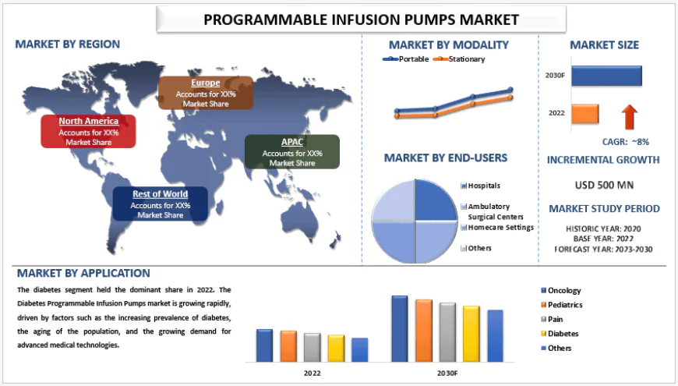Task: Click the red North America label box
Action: click(88, 131)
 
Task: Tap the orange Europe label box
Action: click(205, 93)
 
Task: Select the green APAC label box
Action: click(292, 152)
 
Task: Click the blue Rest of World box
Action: click(160, 204)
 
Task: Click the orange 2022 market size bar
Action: click(584, 114)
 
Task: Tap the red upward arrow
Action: click(629, 117)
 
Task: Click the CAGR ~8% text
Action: click(626, 141)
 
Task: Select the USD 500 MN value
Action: click(604, 185)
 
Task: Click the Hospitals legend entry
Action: click(483, 186)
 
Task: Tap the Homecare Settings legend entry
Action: click(500, 227)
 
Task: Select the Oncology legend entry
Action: click(564, 291)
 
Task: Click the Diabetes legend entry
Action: click(563, 334)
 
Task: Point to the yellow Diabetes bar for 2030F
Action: click(471, 333)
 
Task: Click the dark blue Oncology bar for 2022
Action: click(264, 345)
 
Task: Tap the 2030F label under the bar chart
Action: click(447, 374)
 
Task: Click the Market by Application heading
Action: click(83, 273)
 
